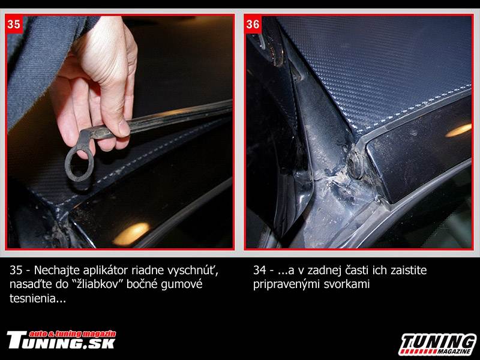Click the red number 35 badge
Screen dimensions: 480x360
[14, 24]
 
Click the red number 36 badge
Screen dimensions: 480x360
[253, 24]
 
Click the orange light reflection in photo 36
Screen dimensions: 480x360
[458, 130]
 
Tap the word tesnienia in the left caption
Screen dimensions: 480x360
[38, 298]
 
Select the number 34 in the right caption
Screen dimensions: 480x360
[260, 271]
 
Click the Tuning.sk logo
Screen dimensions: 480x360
[61, 340]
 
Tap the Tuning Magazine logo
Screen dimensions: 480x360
[439, 344]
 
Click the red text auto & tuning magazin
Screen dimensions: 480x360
[73, 334]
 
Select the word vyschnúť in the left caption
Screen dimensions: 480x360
[193, 271]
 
